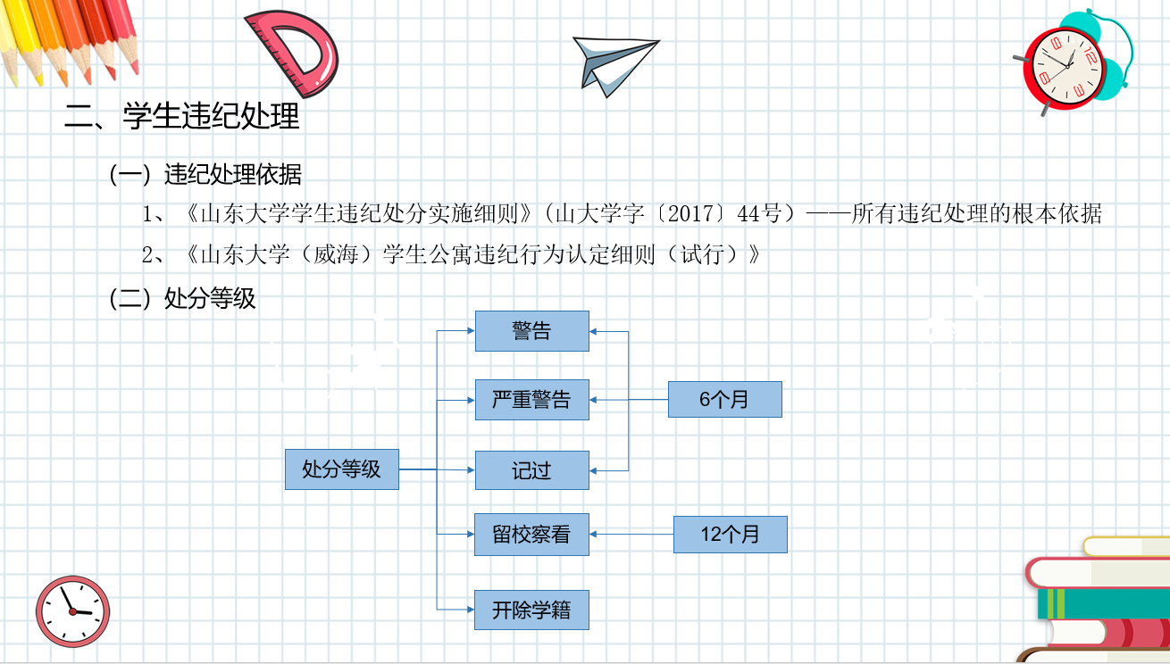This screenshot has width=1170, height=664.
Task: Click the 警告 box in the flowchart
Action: (x=531, y=331)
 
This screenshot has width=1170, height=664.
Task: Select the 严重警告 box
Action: (x=531, y=399)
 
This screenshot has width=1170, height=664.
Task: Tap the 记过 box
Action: (x=531, y=470)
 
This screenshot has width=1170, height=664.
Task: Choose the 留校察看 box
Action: (x=531, y=535)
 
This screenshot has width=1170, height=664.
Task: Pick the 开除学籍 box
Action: (x=531, y=610)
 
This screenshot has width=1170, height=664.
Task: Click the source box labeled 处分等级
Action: (x=341, y=469)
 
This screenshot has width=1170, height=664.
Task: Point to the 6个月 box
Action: (x=724, y=399)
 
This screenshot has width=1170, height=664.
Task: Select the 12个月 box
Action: (x=730, y=535)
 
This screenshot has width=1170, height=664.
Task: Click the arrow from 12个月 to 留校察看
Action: (x=631, y=535)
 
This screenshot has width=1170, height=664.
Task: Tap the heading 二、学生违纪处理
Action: (x=182, y=117)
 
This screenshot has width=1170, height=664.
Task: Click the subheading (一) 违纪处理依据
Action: (x=205, y=174)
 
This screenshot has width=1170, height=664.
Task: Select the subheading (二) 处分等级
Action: (x=182, y=298)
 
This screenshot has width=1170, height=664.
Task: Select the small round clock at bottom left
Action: (x=73, y=611)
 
